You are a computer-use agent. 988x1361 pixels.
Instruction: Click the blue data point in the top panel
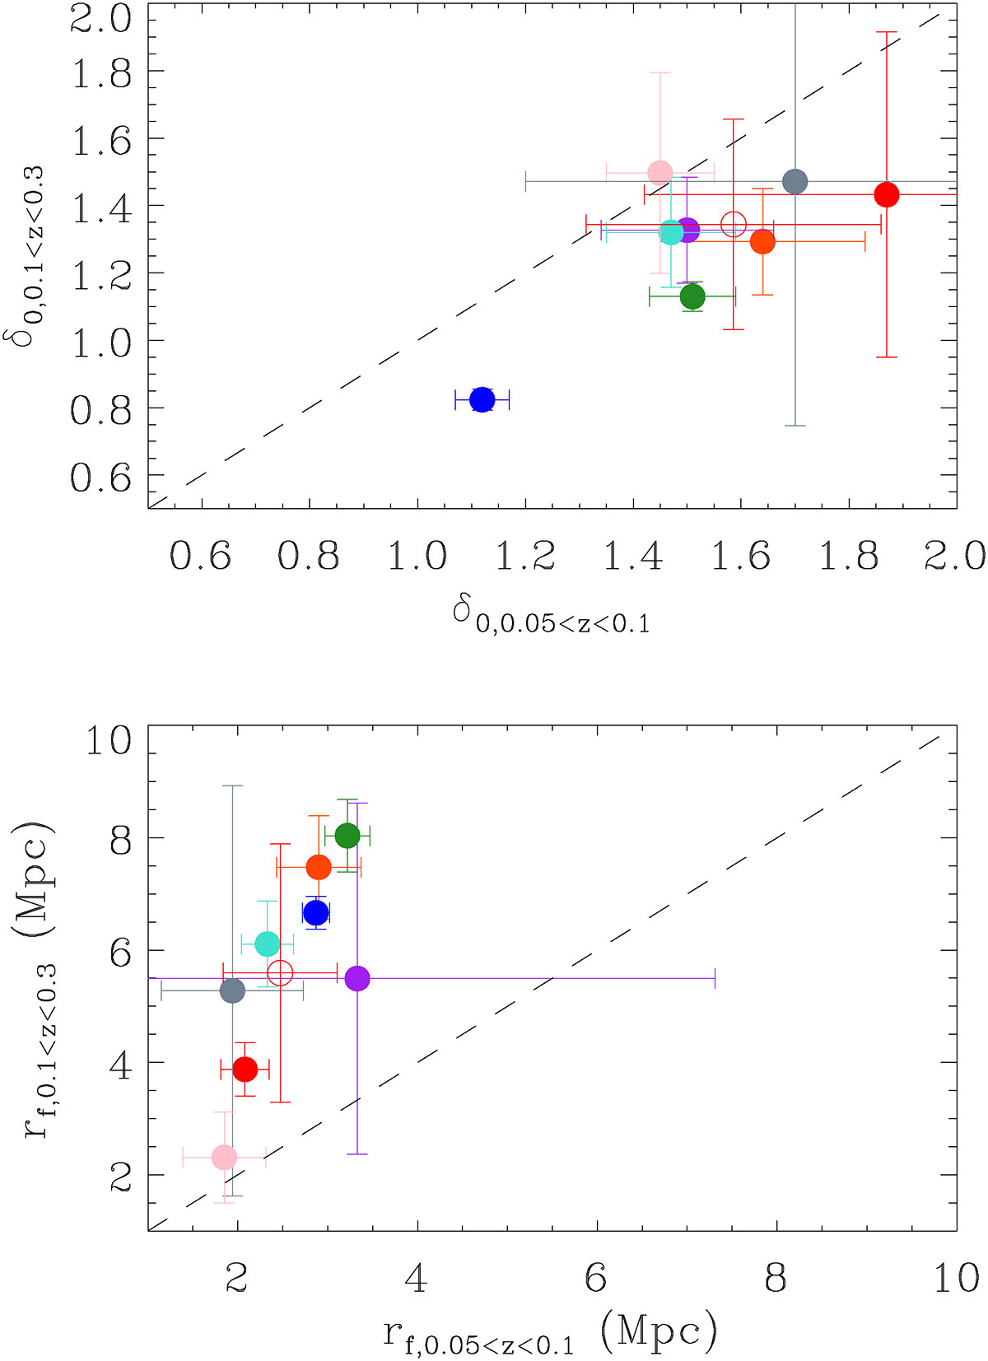point(482,400)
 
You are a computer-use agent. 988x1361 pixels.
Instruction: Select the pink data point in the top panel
point(659,173)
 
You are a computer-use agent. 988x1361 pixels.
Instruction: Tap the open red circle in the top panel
point(734,224)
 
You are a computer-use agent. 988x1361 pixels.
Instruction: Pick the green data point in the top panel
point(692,296)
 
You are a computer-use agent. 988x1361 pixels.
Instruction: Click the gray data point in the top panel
point(795,181)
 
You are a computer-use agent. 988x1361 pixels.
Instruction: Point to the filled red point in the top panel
point(886,195)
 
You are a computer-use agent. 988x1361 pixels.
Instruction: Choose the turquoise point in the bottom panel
point(267,944)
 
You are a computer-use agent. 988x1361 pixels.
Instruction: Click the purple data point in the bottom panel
point(357,978)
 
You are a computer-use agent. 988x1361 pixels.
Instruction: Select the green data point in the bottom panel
point(347,836)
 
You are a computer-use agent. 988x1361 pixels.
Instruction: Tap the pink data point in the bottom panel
point(224,1157)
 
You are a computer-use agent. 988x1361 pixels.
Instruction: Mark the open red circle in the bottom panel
point(281,972)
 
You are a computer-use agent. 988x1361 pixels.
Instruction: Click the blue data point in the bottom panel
point(316,913)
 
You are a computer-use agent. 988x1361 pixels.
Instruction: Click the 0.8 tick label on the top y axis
point(100,409)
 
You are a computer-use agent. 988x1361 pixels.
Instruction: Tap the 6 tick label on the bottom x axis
point(596,1279)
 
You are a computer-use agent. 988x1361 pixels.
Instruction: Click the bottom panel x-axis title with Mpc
point(550,1332)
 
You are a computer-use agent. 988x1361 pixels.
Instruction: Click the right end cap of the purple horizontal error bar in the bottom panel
point(715,978)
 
